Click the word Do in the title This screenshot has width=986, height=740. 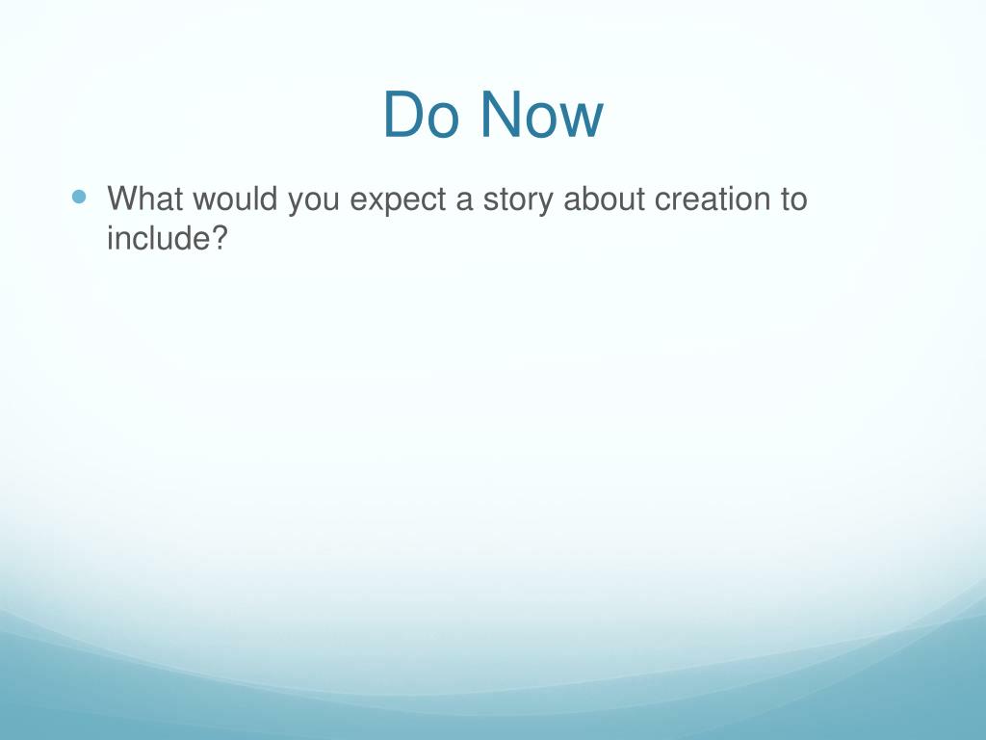click(421, 115)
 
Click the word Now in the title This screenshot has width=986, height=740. click(542, 115)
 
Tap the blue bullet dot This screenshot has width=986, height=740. click(79, 197)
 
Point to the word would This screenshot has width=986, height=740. click(235, 198)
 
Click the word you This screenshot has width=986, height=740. click(313, 202)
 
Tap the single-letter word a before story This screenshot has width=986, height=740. click(464, 202)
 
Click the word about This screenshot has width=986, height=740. click(605, 198)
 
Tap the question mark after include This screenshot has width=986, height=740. click(216, 238)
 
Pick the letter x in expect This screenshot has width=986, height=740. click(374, 202)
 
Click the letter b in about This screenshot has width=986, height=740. click(590, 198)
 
